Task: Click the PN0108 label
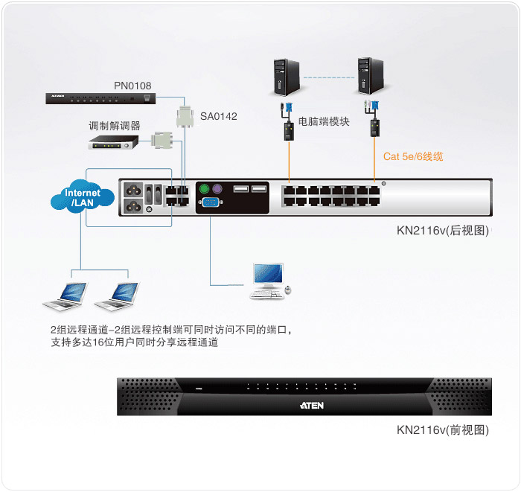132,86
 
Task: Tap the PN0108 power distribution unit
100,99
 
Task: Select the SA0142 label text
218,116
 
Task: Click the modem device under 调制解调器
113,142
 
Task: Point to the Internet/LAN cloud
83,197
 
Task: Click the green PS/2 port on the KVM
204,189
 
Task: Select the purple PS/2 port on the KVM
217,189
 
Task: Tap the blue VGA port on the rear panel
211,202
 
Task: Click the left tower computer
287,77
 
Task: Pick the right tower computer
371,76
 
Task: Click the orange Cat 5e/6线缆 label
413,156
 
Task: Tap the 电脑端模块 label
324,121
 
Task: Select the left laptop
65,296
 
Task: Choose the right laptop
117,296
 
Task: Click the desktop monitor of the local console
268,275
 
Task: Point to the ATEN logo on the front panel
312,406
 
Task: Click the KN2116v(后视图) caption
443,231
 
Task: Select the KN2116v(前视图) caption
443,430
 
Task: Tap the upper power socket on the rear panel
133,191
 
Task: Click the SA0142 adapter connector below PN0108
185,117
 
